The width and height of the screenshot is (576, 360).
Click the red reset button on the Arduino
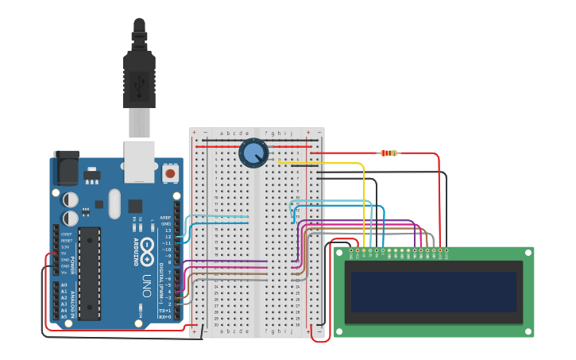(170, 172)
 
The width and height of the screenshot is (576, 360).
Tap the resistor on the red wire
(389, 153)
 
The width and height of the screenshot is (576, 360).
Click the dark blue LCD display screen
(434, 292)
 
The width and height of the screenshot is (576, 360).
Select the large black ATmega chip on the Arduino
(89, 273)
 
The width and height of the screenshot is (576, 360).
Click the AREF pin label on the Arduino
(165, 217)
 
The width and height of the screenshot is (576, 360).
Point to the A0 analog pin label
(64, 285)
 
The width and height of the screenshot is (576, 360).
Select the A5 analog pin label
(64, 316)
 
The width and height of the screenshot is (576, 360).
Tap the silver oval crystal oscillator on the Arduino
(114, 203)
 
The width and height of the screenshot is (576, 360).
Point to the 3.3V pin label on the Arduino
(64, 247)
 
